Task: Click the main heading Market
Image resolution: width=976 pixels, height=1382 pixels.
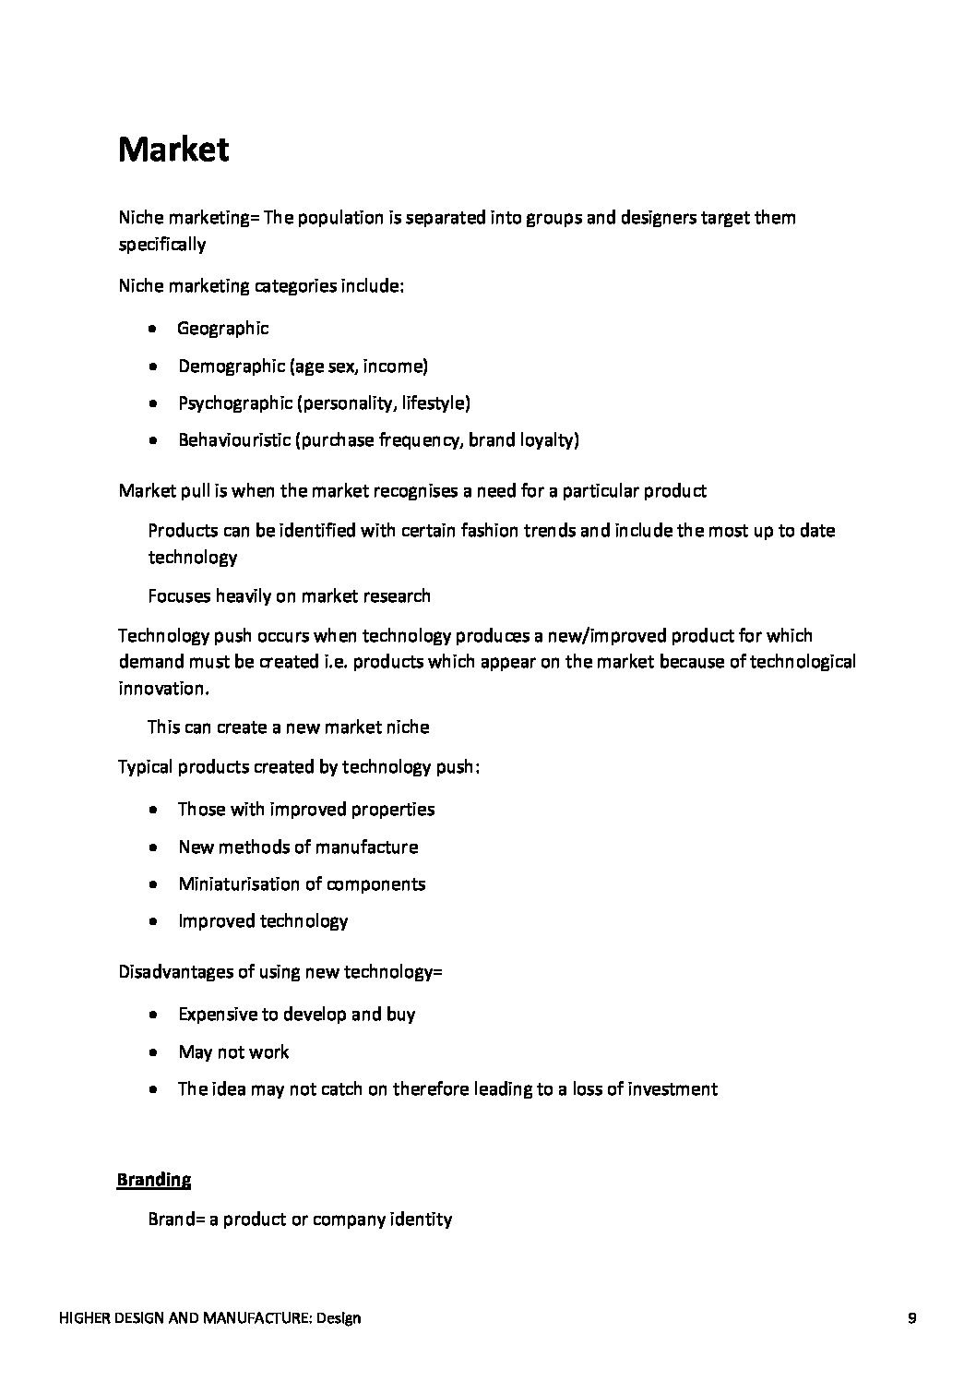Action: [x=173, y=150]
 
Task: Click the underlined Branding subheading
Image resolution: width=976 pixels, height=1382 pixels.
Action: [x=153, y=1179]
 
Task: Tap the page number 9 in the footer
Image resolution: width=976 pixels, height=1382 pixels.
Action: [x=911, y=1318]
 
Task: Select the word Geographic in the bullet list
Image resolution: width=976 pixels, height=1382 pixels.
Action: [x=222, y=328]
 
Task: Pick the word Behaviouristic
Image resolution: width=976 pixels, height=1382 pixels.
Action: [x=233, y=439]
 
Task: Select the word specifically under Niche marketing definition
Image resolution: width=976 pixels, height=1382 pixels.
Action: [x=161, y=244]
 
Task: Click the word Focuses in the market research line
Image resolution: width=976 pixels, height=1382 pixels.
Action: [x=179, y=595]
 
